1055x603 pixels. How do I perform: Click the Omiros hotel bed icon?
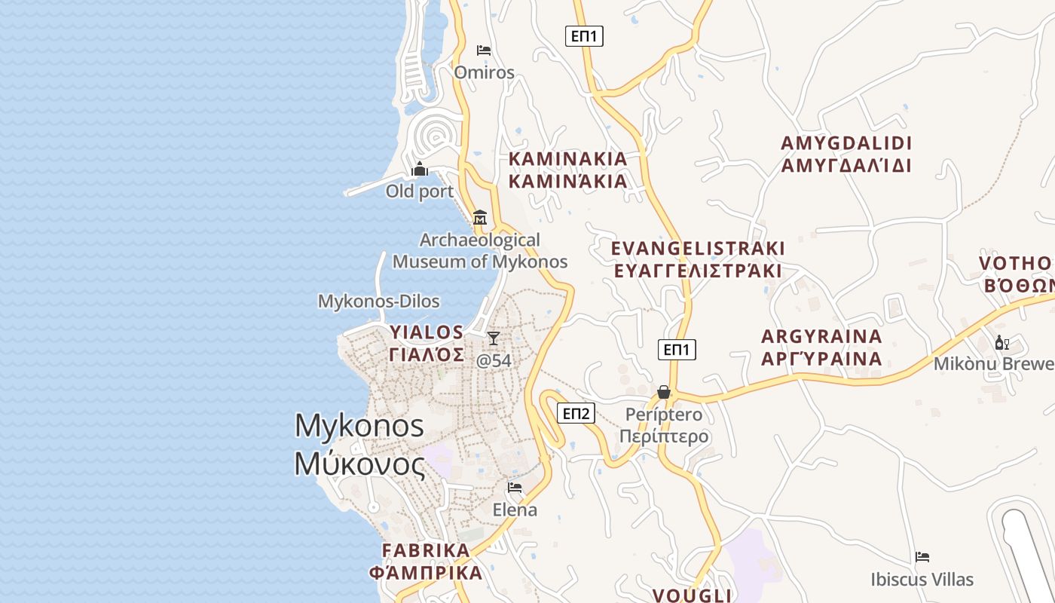coord(484,51)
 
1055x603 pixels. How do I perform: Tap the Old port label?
coord(420,191)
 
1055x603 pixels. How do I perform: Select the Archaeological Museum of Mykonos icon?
coord(479,218)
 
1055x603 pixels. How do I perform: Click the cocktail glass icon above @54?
coord(494,338)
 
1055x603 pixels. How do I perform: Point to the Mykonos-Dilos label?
coord(378,301)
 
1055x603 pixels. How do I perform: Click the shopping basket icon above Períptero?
coord(664,392)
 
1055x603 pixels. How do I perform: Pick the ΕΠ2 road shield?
coord(576,413)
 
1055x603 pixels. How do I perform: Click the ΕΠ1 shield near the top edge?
coord(584,35)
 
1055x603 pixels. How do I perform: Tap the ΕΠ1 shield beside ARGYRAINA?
coord(677,350)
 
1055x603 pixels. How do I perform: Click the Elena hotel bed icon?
coord(515,488)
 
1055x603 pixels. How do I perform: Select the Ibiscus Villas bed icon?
coord(922,557)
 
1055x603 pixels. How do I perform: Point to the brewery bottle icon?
coord(1001,343)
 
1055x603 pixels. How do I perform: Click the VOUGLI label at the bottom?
coord(692,595)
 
